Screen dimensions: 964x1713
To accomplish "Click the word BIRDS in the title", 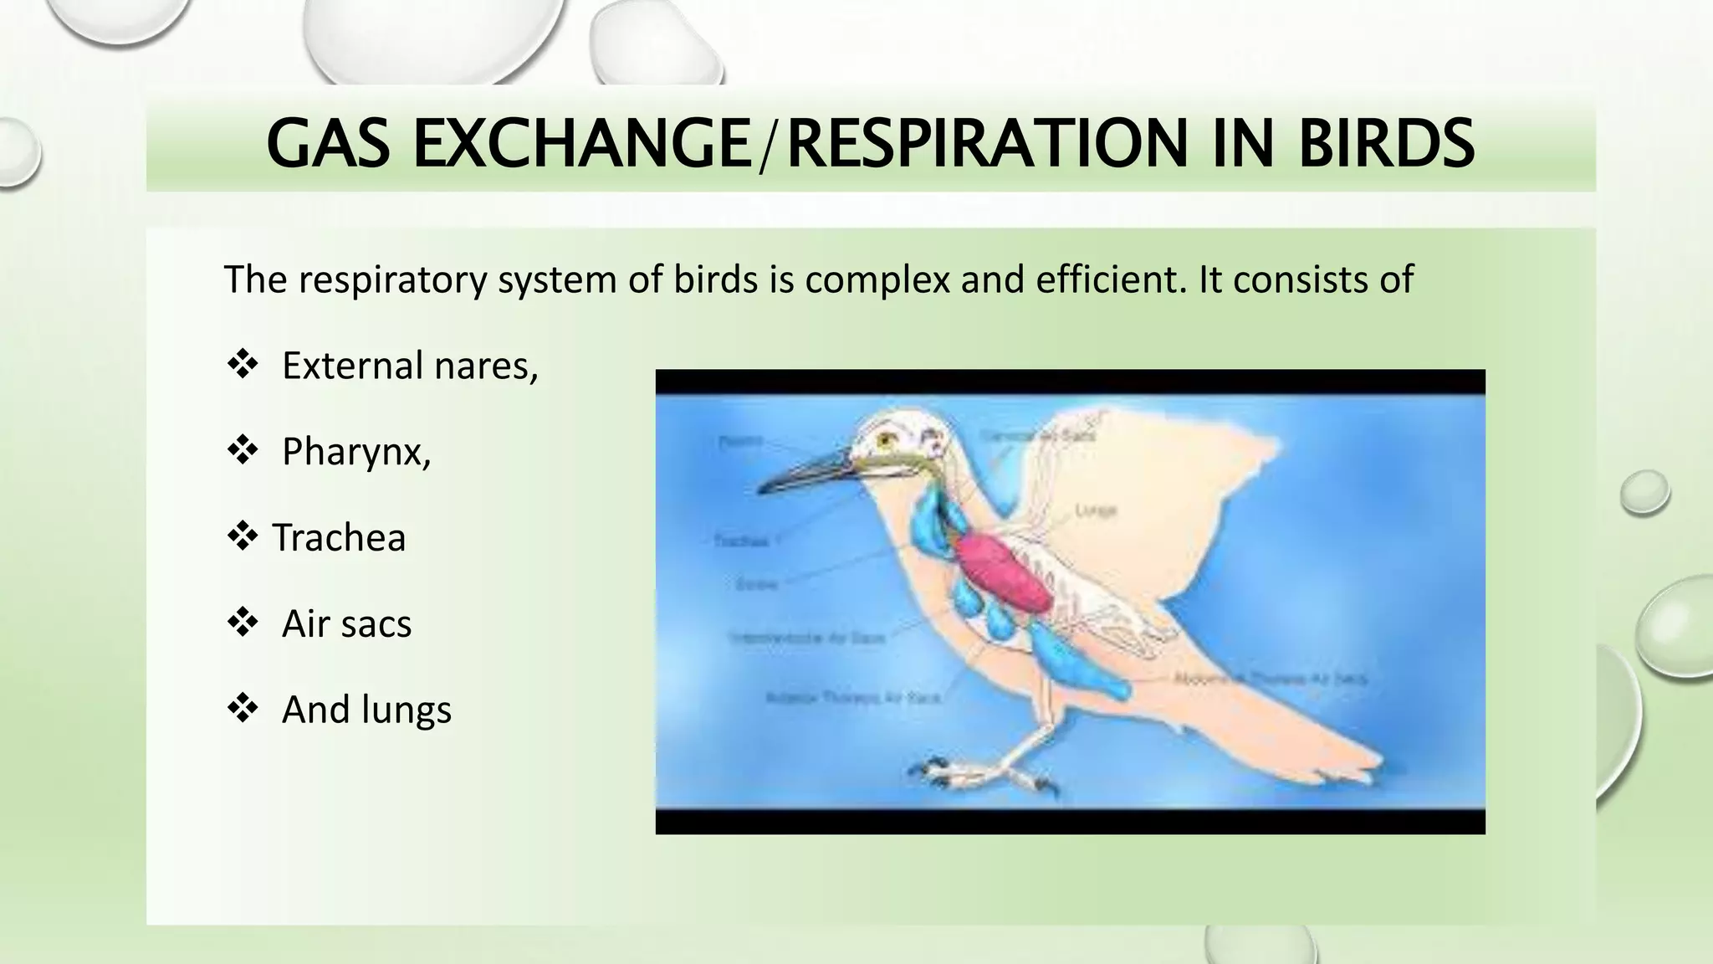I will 1386,144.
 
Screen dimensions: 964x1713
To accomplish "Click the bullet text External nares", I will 409,366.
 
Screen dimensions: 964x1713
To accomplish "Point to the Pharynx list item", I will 355,452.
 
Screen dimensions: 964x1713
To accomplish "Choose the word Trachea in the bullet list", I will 339,538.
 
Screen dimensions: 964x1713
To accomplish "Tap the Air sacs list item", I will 346,624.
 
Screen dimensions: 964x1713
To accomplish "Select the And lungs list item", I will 366,710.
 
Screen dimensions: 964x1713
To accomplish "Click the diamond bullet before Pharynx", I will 242,451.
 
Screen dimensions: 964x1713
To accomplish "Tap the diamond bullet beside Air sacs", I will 242,623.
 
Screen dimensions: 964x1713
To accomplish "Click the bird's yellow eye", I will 885,437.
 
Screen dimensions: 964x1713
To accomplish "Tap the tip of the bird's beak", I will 761,490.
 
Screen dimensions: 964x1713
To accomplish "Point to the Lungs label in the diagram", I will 1095,510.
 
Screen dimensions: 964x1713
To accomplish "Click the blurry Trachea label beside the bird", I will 741,541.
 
